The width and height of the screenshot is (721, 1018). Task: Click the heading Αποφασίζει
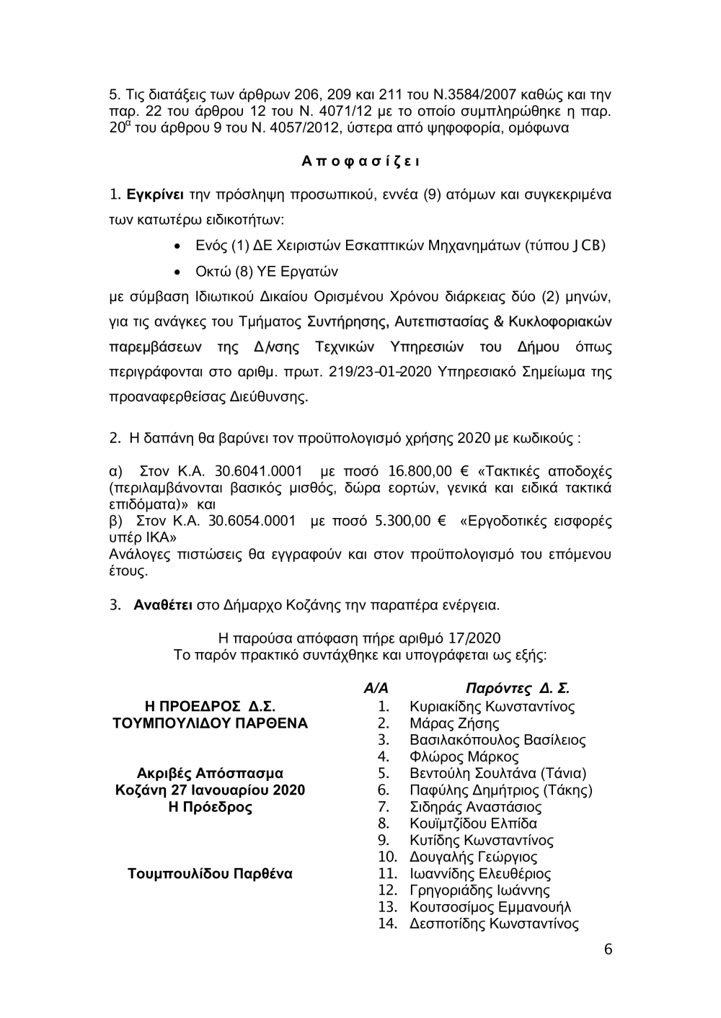point(360,161)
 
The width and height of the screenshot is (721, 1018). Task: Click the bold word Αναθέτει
point(163,604)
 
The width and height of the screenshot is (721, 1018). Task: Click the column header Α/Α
point(376,689)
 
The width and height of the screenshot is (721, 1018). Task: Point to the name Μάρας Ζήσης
point(454,723)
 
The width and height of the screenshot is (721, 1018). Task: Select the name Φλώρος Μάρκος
point(464,756)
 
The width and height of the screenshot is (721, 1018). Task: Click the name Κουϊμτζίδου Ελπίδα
point(473,823)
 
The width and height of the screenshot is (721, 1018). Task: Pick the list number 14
point(388,924)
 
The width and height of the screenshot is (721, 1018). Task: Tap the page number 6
point(608,950)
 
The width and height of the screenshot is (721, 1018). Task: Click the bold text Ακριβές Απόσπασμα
point(210,774)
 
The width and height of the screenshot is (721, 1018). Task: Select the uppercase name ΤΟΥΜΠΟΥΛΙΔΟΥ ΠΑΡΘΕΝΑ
point(210,723)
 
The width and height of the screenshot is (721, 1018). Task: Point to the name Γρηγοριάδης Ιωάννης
point(479,890)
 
